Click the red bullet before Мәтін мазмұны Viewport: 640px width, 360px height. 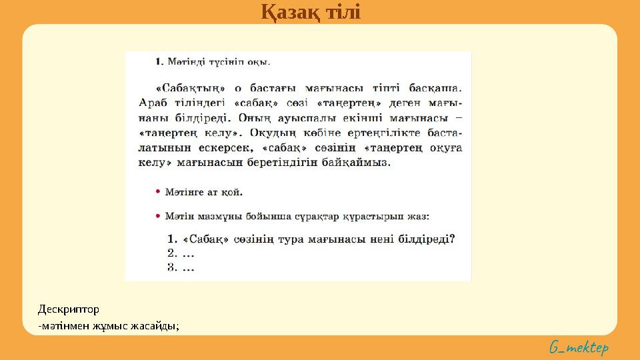tap(158, 216)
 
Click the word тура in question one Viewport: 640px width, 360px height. tap(306, 239)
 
